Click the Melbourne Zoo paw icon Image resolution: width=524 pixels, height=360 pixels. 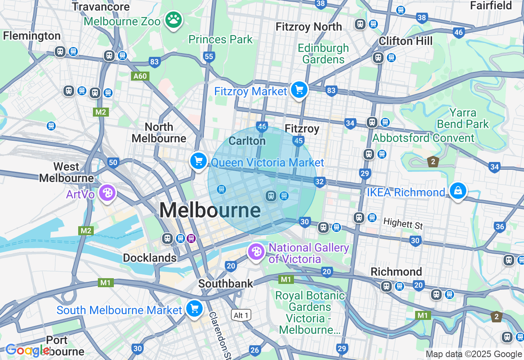pos(174,19)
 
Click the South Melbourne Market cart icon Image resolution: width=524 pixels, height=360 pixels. pos(194,308)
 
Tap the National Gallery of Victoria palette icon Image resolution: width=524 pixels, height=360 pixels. pos(256,252)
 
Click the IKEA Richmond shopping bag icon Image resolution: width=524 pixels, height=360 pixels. pos(458,191)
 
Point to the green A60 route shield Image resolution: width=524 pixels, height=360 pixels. pos(140,76)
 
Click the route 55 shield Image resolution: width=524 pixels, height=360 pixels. pos(209,56)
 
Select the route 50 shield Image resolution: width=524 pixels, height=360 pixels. pos(113,163)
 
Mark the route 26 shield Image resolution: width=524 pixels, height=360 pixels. pos(255,350)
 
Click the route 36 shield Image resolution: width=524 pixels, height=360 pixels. pos(499,227)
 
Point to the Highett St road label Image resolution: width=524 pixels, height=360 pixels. pos(403,224)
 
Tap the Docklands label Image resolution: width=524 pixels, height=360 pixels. pos(150,258)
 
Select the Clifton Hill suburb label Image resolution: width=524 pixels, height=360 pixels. pos(405,41)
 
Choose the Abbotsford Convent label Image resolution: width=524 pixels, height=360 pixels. pos(423,138)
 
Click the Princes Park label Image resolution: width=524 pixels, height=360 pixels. pos(221,40)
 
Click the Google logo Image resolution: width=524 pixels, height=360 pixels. pos(27,350)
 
